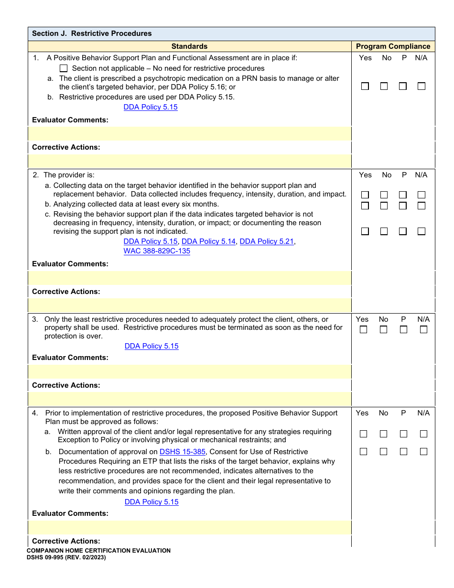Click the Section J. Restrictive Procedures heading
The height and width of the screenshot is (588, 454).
pos(92,33)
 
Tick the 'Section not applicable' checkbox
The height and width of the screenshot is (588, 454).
pos(64,68)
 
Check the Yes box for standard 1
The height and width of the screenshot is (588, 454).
pos(365,87)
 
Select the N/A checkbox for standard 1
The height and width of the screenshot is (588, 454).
pos(421,87)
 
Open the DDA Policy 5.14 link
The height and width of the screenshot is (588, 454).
pos(208,241)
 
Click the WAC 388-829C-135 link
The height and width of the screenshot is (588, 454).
pos(157,251)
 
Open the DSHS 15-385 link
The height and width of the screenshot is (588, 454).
pos(183,452)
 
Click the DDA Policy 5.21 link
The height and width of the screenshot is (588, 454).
pos(266,241)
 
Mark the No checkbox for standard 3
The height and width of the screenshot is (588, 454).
pos(383,329)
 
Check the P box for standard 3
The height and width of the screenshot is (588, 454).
pos(403,329)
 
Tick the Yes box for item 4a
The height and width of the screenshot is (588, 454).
pos(363,434)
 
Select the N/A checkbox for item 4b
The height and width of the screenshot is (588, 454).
pos(423,452)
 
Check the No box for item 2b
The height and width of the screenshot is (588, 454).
pos(384,206)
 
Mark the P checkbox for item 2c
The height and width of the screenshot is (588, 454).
pos(403,231)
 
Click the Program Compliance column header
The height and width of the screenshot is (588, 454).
pos(393,46)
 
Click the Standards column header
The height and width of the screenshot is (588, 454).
pos(189,46)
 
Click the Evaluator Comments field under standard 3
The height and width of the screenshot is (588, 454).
pos(190,371)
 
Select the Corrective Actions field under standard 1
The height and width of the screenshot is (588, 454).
pos(190,161)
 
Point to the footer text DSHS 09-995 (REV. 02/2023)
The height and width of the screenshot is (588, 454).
pos(66,557)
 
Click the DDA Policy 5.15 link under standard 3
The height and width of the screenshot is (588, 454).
pos(151,346)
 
